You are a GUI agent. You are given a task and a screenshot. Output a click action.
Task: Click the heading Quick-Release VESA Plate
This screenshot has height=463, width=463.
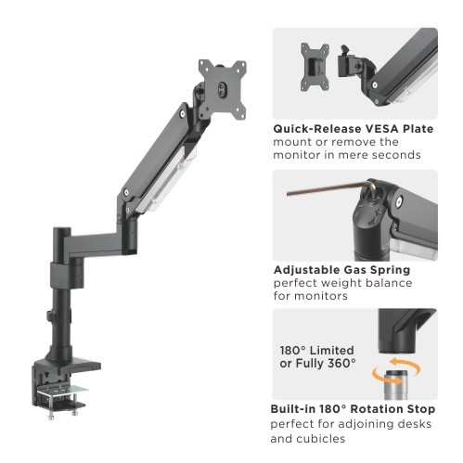353,129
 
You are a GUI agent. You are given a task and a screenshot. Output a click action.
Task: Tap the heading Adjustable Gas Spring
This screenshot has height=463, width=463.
341,270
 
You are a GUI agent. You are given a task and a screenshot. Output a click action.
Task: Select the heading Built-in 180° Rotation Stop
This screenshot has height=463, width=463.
353,409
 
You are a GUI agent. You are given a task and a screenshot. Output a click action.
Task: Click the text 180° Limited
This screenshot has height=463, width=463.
316,351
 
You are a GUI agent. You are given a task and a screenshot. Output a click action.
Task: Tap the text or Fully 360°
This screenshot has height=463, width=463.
317,363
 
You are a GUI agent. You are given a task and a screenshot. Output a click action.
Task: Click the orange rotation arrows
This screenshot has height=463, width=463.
396,370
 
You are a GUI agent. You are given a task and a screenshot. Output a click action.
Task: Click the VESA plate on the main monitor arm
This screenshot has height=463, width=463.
223,88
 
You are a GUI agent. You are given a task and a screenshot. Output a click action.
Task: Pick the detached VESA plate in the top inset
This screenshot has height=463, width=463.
315,67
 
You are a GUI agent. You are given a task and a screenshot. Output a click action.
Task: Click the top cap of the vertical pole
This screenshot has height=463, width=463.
62,230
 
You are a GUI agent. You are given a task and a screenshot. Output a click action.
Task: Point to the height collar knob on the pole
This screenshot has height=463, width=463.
49,315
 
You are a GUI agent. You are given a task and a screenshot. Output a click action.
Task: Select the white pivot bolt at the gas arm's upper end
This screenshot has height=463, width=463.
183,114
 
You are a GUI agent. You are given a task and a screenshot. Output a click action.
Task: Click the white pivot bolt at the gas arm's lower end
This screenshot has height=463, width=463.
126,192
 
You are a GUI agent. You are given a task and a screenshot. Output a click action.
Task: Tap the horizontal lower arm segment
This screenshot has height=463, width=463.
96,244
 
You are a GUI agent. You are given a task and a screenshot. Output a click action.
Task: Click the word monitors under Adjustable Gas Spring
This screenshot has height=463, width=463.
320,296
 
